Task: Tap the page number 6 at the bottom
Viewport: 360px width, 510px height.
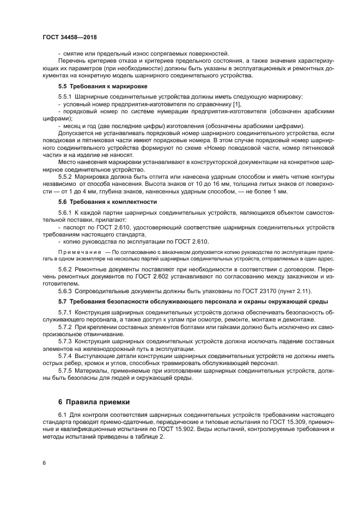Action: [x=44, y=463]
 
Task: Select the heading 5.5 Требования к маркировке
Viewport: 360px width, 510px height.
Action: [x=102, y=86]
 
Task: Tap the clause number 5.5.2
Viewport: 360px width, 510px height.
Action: [x=67, y=177]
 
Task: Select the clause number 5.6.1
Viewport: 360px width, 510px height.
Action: [x=67, y=211]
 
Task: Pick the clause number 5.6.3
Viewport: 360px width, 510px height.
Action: [x=67, y=290]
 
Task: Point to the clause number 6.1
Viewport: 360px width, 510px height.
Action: [x=63, y=415]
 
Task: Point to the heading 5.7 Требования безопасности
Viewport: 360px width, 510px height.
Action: [x=118, y=301]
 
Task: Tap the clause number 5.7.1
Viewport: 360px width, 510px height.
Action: [x=67, y=311]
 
